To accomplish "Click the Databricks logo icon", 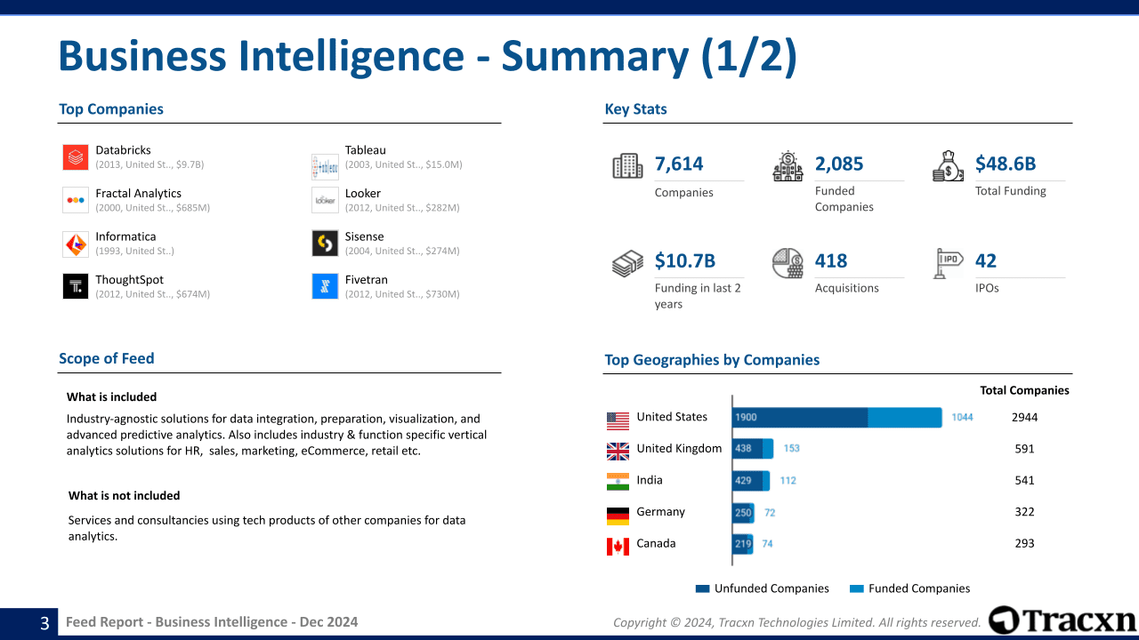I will [x=76, y=157].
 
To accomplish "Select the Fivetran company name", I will [x=366, y=279].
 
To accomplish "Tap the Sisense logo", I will [x=325, y=243].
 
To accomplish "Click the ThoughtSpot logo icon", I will [x=76, y=286].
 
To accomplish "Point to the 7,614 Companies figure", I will [x=679, y=164].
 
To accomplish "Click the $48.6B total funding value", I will [x=1006, y=164].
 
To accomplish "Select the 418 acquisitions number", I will [x=831, y=260].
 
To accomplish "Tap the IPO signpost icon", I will [x=949, y=264].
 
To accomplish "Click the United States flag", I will [x=618, y=420].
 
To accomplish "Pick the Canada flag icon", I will [x=618, y=546].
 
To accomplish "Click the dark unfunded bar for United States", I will [x=799, y=418].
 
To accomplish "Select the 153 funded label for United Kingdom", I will [x=792, y=449].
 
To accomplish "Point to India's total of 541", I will [x=1024, y=480].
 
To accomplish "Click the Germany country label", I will [x=660, y=512].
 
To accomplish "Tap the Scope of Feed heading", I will [x=107, y=358].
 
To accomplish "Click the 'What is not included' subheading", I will [x=125, y=496].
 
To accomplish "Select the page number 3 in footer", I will [x=44, y=623].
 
